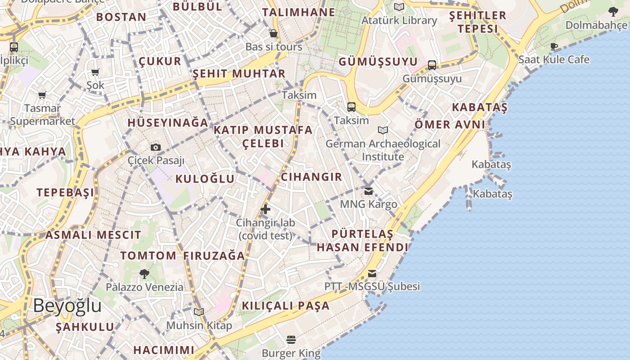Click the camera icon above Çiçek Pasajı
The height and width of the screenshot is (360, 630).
click(x=156, y=147)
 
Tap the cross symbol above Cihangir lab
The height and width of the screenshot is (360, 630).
click(x=265, y=209)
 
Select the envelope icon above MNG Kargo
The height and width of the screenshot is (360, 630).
click(x=369, y=191)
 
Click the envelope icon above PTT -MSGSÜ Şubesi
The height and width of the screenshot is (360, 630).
click(x=372, y=274)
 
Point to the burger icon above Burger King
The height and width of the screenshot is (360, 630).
click(x=291, y=340)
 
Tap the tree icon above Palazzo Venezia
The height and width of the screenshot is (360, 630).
click(x=144, y=274)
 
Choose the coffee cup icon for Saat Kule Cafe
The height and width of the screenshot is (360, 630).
click(x=554, y=46)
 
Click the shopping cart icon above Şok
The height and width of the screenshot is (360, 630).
click(x=95, y=72)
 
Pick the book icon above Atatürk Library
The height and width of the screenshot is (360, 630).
click(x=399, y=7)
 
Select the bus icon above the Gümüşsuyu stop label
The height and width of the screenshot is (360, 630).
click(x=432, y=65)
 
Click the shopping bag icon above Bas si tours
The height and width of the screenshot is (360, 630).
click(x=274, y=33)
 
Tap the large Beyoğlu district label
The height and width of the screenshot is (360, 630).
click(x=67, y=306)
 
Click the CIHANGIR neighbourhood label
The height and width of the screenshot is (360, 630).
click(x=311, y=177)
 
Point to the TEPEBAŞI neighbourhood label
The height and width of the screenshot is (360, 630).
click(x=66, y=193)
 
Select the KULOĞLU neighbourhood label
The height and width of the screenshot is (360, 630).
click(x=205, y=179)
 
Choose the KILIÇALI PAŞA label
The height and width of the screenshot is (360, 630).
click(x=286, y=306)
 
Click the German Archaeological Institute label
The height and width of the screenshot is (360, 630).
click(x=383, y=150)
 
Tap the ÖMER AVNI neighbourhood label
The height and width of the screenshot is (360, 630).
click(x=450, y=125)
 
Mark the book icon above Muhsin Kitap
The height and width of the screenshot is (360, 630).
click(x=199, y=312)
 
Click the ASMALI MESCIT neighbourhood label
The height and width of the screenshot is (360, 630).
click(x=93, y=235)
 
